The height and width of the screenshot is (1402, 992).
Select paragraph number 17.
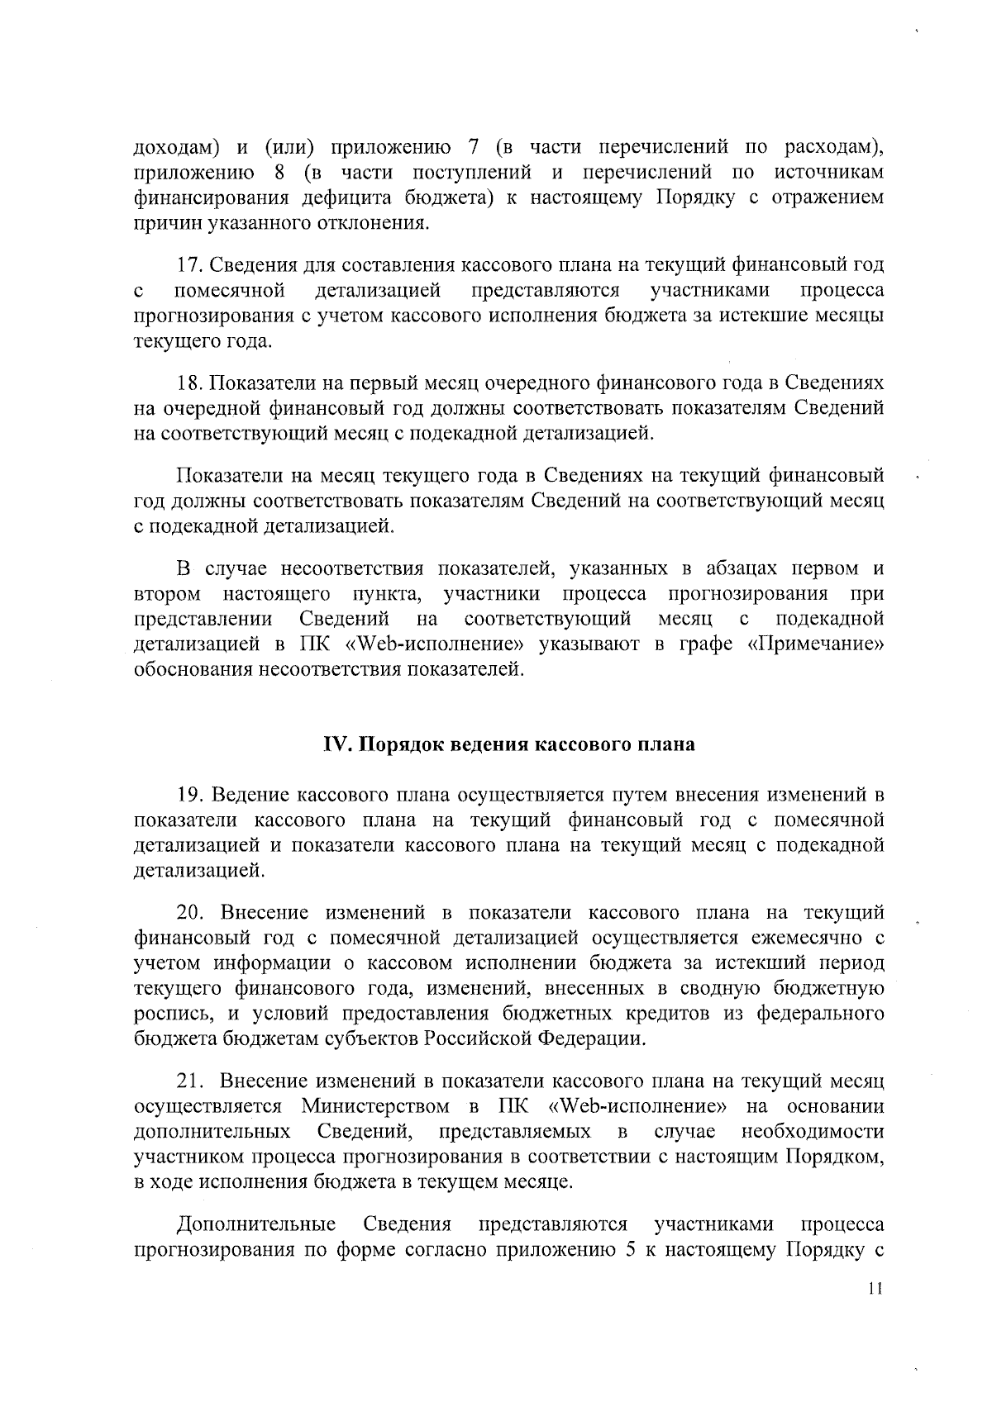coord(189,266)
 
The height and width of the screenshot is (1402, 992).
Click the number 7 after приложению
coord(474,148)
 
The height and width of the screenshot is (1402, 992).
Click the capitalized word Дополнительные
coord(256,1224)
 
